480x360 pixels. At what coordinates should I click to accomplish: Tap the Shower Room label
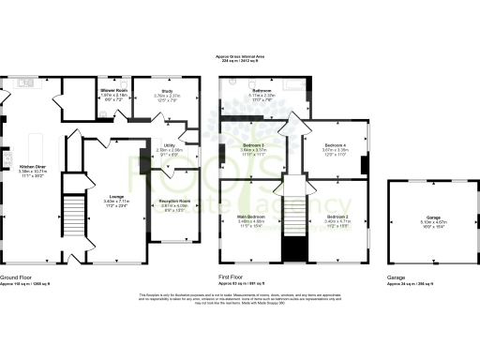[115, 90]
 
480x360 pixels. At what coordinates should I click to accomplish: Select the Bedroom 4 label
[335, 145]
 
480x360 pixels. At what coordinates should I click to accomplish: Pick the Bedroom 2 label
[337, 217]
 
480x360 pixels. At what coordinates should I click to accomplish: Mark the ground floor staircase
[73, 221]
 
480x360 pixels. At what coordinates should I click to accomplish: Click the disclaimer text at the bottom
[239, 300]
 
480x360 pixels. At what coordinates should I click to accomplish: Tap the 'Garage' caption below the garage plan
[397, 277]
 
